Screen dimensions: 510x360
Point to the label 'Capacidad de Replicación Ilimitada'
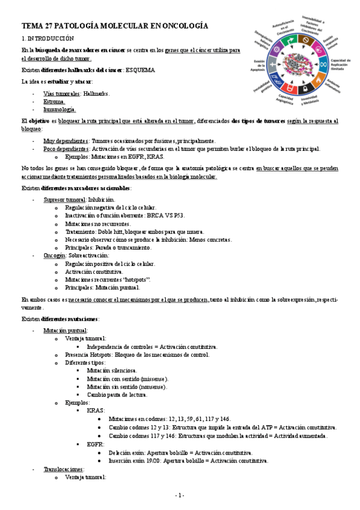pyautogui.click(x=341, y=65)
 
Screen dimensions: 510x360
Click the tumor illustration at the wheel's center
pyautogui.click(x=298, y=65)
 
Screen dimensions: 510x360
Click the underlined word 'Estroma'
pyautogui.click(x=53, y=102)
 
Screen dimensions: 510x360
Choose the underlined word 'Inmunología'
pyautogui.click(x=59, y=109)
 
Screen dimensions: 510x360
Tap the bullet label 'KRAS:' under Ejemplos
pyautogui.click(x=96, y=410)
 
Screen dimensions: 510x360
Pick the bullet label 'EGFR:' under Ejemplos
pyautogui.click(x=96, y=444)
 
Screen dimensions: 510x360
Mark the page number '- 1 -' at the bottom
pyautogui.click(x=180, y=495)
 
